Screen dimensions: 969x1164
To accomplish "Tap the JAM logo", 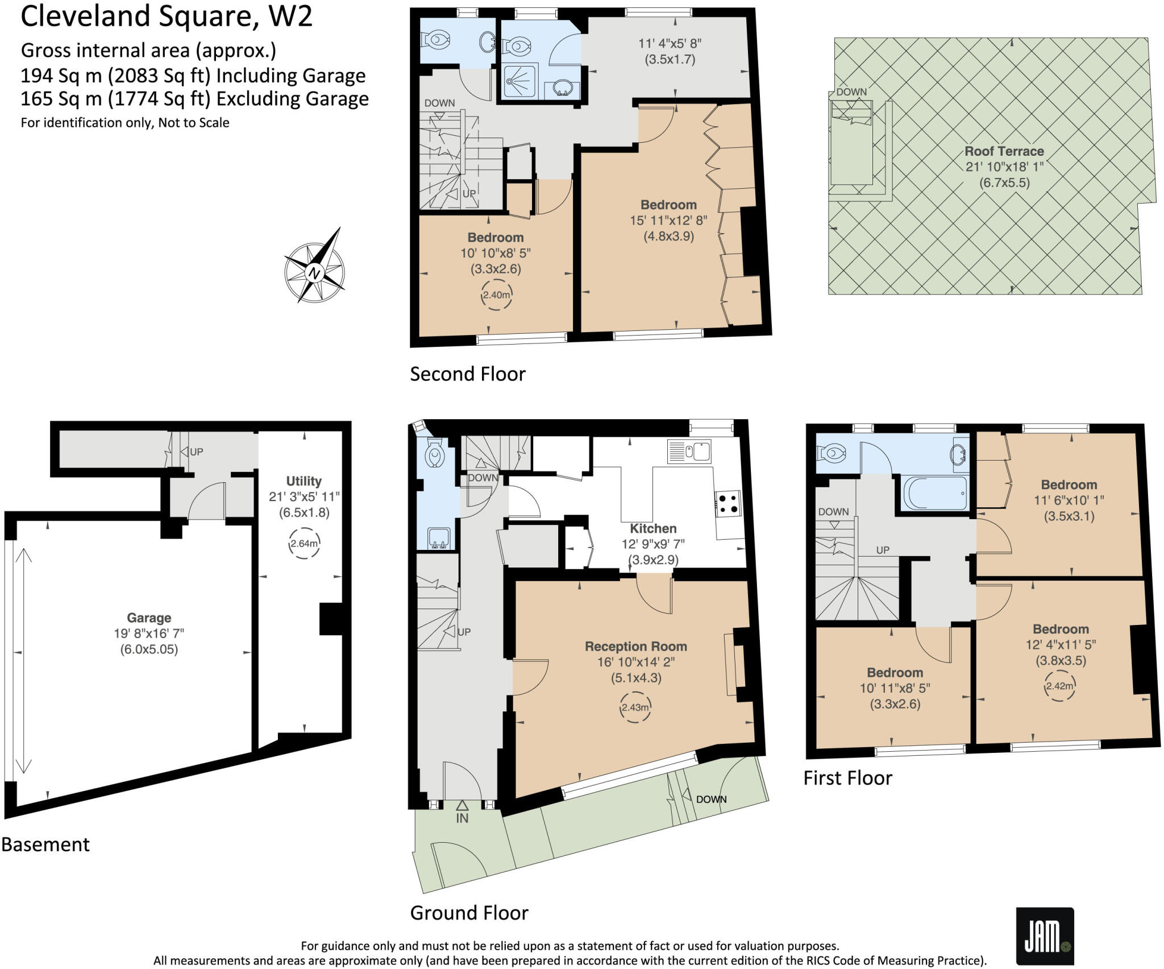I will coord(1045,937).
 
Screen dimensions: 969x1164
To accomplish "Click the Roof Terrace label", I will coord(1004,151).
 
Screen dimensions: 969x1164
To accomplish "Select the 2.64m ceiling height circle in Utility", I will coord(304,544).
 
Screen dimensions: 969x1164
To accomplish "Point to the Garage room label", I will coord(149,618).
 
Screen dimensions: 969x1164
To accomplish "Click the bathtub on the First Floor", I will coord(934,493).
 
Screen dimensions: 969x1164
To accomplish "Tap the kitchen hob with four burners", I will coord(727,504).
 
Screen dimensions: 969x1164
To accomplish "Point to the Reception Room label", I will coord(635,647).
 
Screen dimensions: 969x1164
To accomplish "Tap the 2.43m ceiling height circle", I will coord(635,707).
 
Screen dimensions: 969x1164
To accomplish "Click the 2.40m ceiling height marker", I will coord(497,295).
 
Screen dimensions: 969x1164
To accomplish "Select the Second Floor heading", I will coord(467,374).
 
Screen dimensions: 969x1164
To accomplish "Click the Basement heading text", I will coord(45,844).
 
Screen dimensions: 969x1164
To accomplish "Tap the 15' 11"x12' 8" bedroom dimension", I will coord(668,220).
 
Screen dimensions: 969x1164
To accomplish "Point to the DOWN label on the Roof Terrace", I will coord(851,92).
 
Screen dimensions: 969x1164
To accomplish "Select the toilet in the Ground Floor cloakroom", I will coord(435,453).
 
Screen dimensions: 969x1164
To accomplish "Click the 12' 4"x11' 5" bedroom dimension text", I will coord(1061,644).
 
